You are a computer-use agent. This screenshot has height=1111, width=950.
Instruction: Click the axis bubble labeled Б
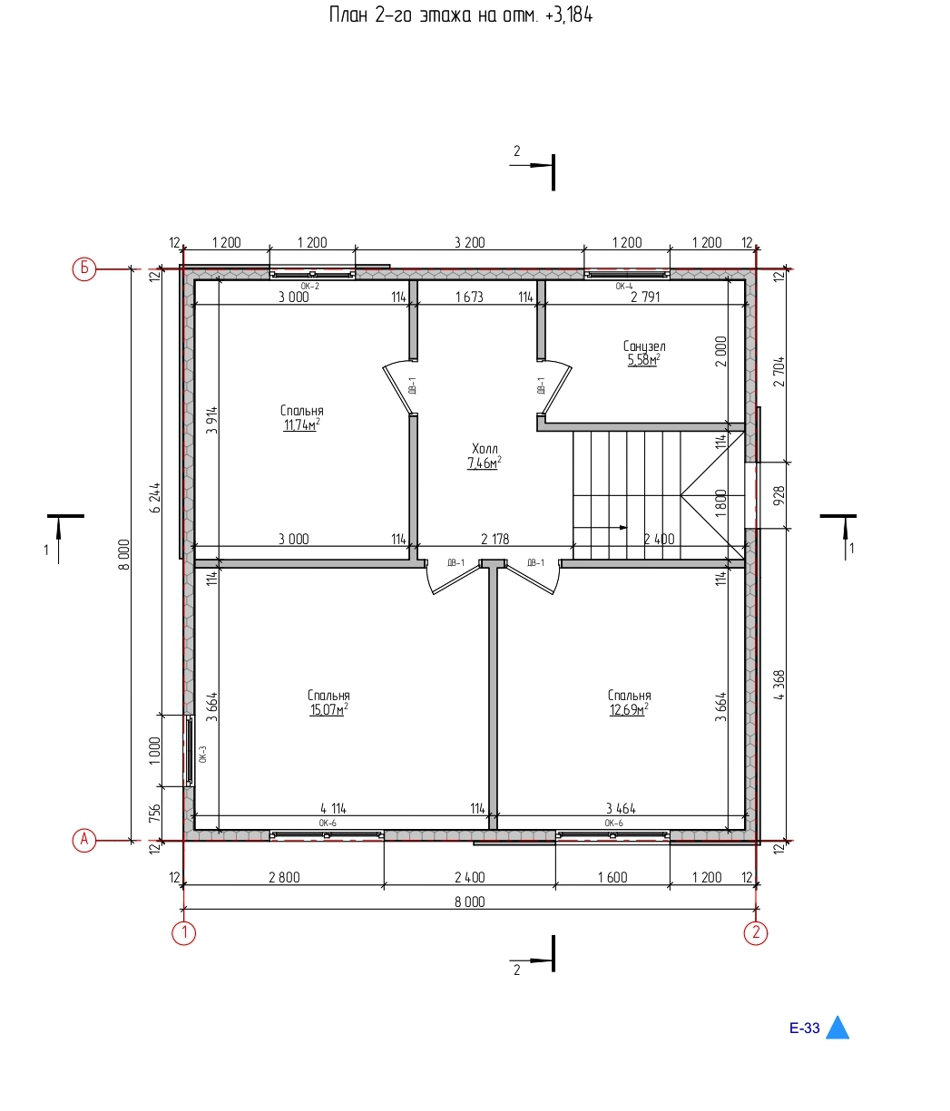tap(83, 269)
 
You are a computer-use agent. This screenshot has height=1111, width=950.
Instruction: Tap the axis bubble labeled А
tap(83, 840)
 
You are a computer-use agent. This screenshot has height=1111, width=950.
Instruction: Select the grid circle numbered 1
tap(183, 932)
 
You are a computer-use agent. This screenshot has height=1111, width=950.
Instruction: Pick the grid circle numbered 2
tap(756, 932)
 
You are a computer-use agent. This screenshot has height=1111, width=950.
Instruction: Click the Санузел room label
tap(644, 346)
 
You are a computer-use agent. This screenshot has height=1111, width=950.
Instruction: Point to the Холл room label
tap(485, 448)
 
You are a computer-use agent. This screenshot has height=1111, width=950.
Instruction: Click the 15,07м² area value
tap(328, 709)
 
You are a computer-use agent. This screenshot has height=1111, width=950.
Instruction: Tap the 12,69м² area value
tap(629, 709)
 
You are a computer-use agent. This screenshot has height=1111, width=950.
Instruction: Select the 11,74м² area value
tap(301, 424)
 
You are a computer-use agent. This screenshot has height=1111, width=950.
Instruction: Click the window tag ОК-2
tap(309, 287)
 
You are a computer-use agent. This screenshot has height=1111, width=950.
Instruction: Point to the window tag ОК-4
tap(623, 287)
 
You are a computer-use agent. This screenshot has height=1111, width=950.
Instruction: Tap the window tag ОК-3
tap(202, 754)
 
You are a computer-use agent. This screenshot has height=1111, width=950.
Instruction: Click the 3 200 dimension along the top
tap(469, 243)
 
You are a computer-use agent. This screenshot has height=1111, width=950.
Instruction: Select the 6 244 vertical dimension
tap(155, 498)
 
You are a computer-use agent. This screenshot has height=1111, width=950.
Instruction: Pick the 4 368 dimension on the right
tap(779, 685)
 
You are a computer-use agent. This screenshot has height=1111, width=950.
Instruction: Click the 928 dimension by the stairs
tap(779, 495)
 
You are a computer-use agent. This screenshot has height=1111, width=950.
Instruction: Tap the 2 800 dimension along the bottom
tap(284, 878)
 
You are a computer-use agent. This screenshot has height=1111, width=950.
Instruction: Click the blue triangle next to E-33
tap(837, 1028)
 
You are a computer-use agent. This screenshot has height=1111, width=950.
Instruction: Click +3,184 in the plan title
tap(569, 15)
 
